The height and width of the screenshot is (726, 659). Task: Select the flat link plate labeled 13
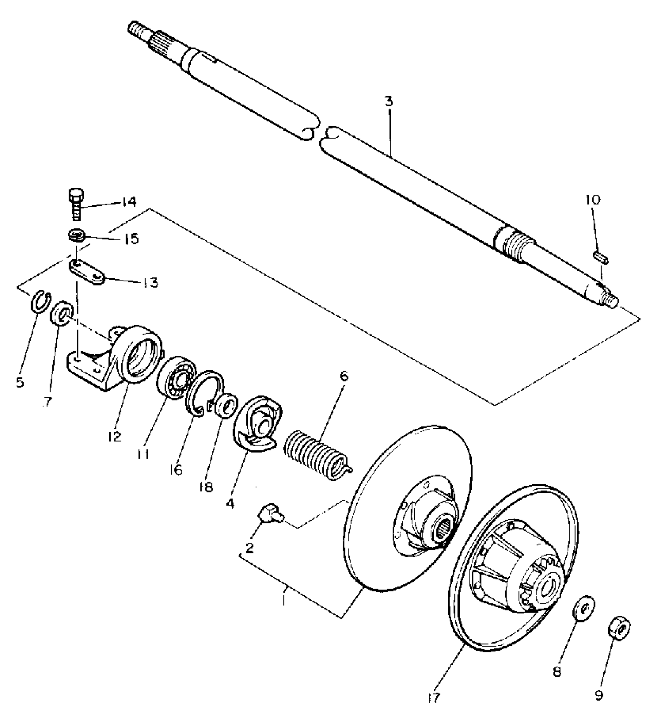pos(87,272)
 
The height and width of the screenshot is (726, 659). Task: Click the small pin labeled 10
pos(600,257)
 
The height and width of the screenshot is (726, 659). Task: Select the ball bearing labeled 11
pos(176,377)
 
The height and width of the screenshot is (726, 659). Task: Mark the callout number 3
pos(389,102)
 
